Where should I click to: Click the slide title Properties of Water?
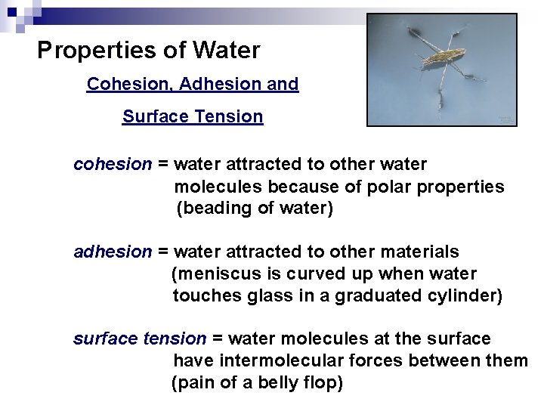[148, 51]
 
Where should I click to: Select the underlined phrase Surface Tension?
[193, 116]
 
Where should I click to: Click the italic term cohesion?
[113, 164]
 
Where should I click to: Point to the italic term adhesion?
[113, 252]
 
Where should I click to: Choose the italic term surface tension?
[139, 338]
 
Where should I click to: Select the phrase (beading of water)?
[255, 209]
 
